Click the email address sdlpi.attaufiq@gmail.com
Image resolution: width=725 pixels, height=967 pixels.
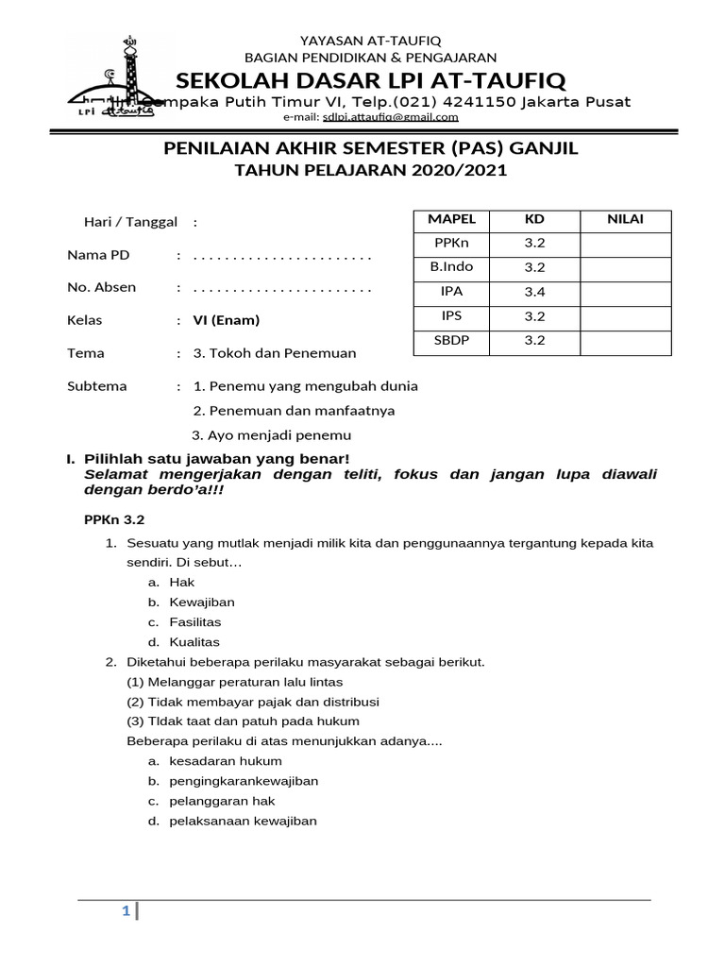390,117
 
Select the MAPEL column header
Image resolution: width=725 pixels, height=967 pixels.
452,219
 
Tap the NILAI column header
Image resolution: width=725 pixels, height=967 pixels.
625,219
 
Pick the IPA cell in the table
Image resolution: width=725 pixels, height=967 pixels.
452,291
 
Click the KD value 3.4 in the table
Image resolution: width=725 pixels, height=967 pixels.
535,291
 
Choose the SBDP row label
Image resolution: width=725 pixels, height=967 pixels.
452,340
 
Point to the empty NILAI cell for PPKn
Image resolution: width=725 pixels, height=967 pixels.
625,244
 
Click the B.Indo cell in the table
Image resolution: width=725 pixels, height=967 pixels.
452,267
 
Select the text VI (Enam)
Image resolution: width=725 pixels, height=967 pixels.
227,320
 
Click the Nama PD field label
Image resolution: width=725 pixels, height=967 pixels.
98,255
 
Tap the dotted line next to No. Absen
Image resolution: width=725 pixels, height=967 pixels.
281,288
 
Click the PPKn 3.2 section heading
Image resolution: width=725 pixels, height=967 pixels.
113,519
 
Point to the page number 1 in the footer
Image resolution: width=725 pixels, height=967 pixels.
125,911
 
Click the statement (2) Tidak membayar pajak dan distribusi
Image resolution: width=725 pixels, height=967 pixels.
253,702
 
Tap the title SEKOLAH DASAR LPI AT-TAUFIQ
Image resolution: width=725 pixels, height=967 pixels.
370,78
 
